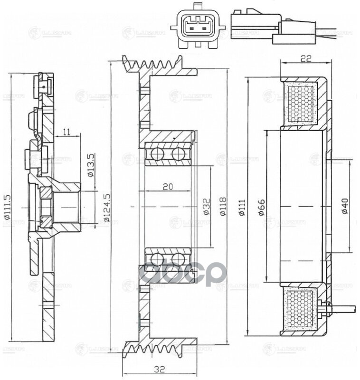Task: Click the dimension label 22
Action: coord(305,59)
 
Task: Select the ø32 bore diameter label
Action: coord(207,207)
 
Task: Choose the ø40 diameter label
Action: coord(345,207)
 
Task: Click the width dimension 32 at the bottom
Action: coord(160,369)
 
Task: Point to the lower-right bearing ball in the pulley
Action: coord(178,259)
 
